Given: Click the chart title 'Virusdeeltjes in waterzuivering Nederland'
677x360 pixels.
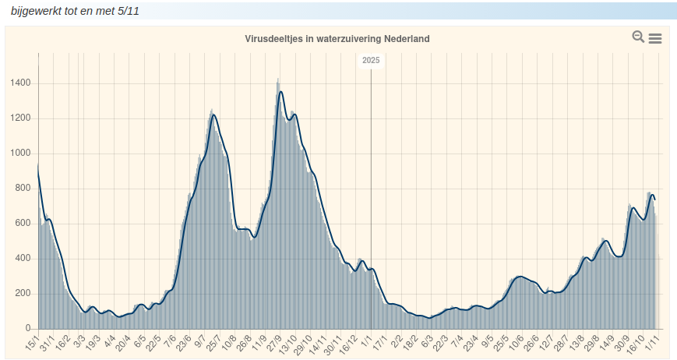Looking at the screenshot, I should coord(337,38).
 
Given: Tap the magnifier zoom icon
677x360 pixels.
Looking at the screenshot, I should coord(638,37).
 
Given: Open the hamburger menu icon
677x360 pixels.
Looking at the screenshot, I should coord(655,38).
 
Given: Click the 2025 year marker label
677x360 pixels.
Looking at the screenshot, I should coord(371,60).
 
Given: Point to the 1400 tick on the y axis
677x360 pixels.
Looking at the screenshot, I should coord(21,83).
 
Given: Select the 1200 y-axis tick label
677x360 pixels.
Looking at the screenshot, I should coord(21,118).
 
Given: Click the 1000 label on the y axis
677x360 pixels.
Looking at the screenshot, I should coord(21,154).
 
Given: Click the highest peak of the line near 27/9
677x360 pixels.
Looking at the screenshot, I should coord(280,92).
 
